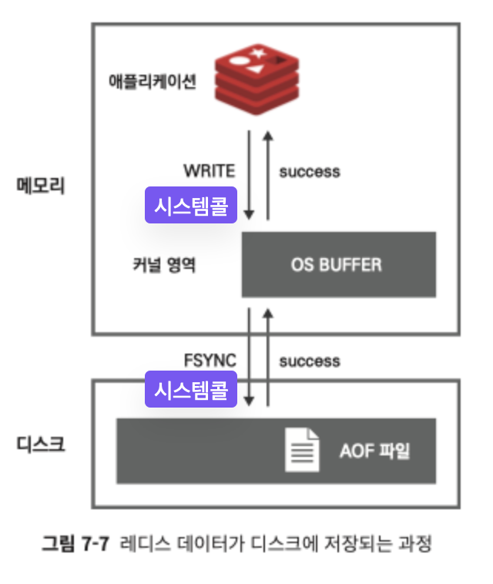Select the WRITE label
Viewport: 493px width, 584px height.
209,170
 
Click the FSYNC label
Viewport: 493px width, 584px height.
210,361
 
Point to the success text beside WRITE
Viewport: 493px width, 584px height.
309,171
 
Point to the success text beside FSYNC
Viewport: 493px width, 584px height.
309,361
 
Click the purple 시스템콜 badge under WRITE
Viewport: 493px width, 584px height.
191,206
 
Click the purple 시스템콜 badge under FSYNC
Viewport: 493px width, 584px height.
191,390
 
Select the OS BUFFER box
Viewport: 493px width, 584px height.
339,264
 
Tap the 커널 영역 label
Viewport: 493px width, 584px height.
163,266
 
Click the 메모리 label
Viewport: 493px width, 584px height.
41,186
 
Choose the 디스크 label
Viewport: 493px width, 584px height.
41,445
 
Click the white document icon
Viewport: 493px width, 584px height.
302,450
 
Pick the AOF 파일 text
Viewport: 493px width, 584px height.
374,451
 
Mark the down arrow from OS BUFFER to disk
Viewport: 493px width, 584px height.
249,356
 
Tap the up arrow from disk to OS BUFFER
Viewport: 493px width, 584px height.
268,356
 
